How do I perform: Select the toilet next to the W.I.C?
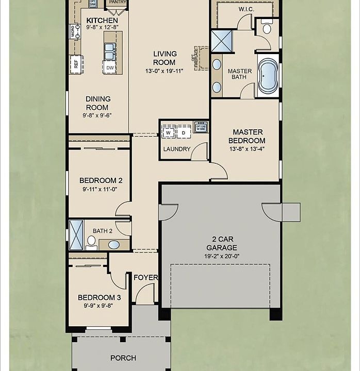[x=267, y=28]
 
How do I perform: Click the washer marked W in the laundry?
[x=168, y=132]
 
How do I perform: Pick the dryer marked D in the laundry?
[x=183, y=132]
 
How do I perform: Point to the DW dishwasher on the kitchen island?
[x=110, y=68]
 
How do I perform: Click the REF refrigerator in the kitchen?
[x=76, y=64]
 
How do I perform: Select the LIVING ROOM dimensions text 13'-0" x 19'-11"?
[x=165, y=71]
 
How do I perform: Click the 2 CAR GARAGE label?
[x=221, y=243]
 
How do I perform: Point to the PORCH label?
[x=123, y=358]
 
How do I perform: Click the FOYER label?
[x=145, y=277]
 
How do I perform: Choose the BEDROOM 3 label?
[x=100, y=297]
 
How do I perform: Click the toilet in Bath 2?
[x=91, y=241]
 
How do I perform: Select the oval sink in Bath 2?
[x=114, y=244]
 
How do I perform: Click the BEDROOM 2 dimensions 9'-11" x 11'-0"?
[x=101, y=189]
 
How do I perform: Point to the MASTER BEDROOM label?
[x=247, y=136]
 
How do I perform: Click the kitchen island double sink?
[x=109, y=52]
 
